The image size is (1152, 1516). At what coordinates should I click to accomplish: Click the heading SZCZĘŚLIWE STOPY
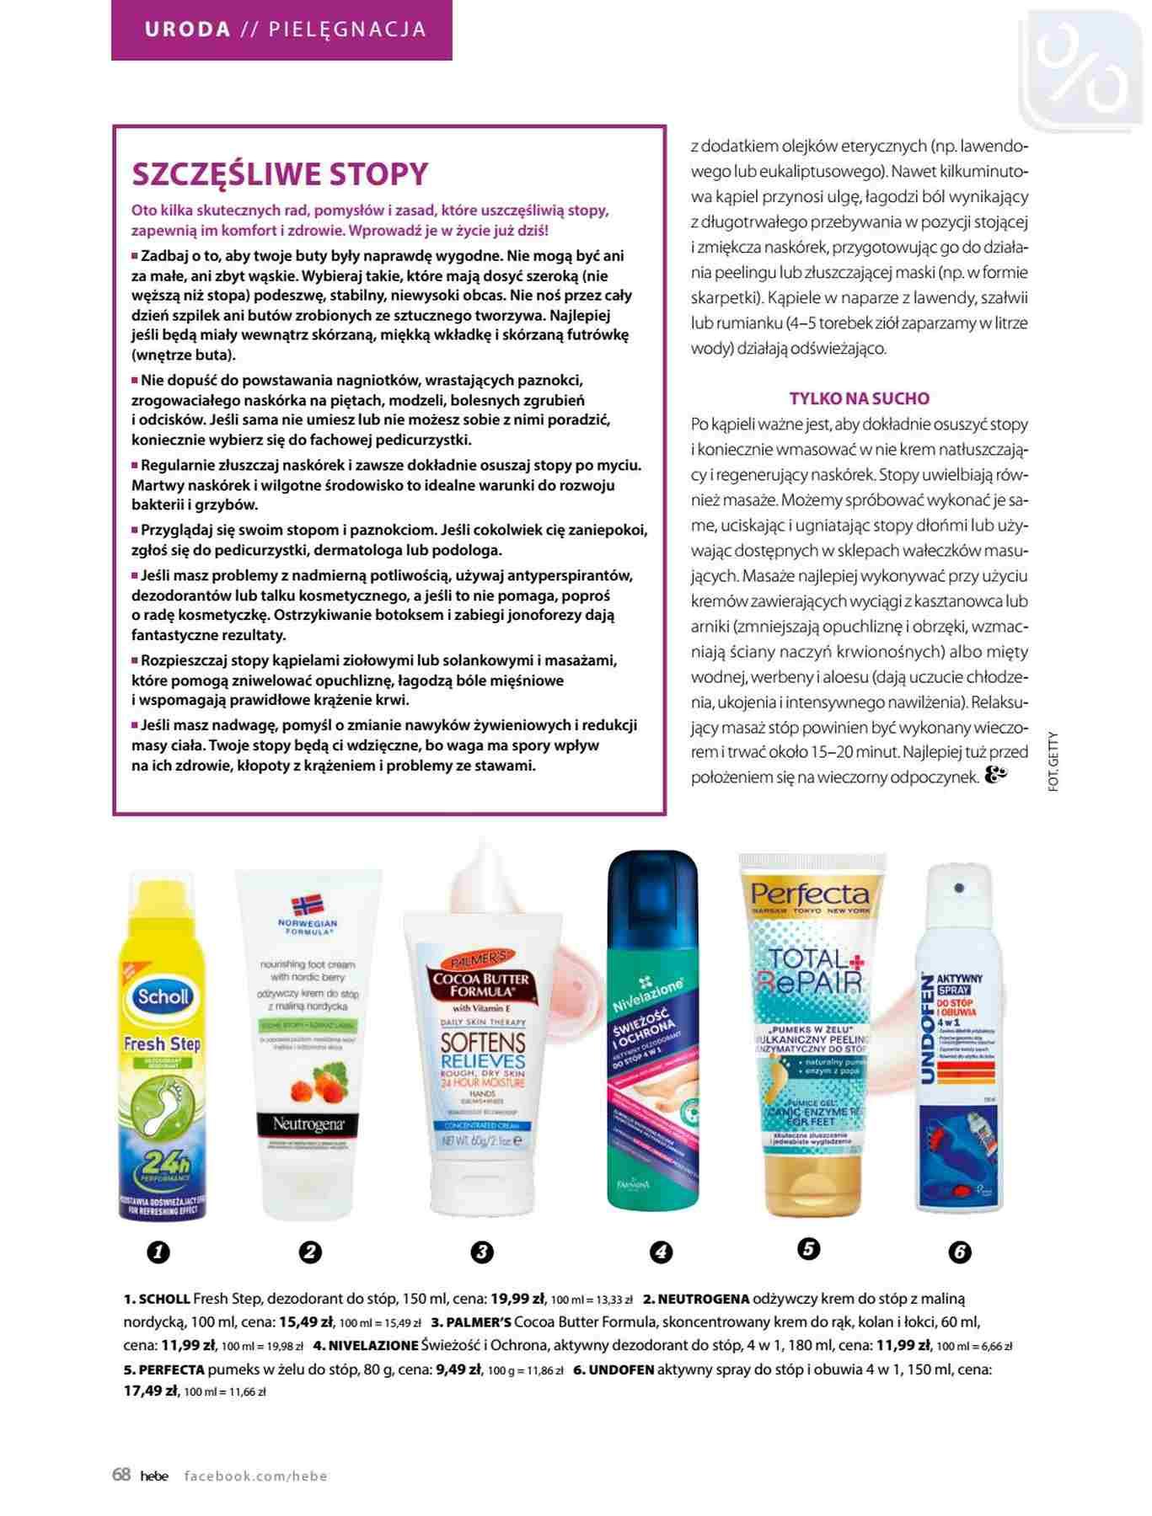[281, 174]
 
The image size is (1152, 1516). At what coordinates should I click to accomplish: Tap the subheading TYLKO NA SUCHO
[860, 398]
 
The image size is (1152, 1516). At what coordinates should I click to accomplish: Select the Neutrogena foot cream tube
[308, 1044]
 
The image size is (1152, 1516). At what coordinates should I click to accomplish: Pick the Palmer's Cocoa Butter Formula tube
[482, 1061]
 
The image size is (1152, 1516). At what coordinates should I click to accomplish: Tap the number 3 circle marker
[481, 1252]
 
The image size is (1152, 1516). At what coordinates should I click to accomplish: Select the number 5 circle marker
[807, 1247]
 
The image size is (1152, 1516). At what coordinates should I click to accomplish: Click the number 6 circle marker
[959, 1252]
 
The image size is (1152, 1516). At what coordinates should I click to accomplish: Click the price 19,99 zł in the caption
[518, 1299]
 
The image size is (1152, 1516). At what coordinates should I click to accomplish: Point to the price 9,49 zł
[458, 1369]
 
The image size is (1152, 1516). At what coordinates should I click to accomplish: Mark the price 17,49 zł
[152, 1391]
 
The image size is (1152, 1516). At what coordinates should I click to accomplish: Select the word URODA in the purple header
[188, 29]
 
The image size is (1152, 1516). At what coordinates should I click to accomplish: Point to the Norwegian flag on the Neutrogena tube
[308, 907]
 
